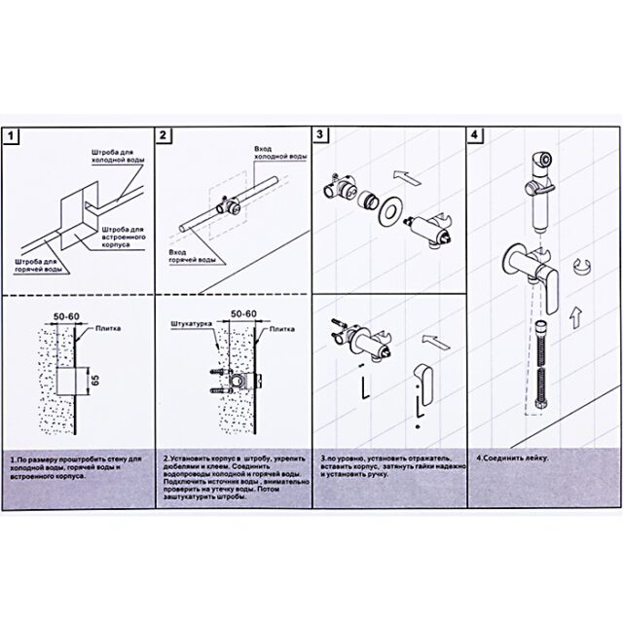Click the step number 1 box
coord(12,137)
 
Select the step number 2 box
coord(165,137)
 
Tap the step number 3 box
coord(321,137)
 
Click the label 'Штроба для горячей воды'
coord(40,266)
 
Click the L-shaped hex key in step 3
coord(361,388)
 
